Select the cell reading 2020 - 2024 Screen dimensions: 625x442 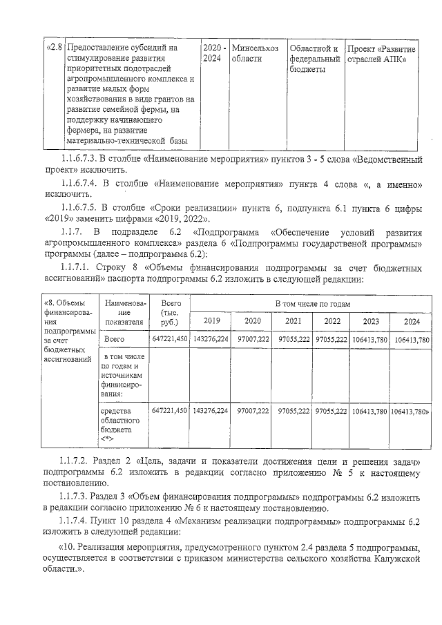[213, 53]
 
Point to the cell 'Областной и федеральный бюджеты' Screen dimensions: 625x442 [314, 59]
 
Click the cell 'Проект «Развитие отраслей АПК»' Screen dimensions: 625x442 [381, 53]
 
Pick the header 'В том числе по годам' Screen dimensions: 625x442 [313, 304]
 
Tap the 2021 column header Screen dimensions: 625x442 [293, 321]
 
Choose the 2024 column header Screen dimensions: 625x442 [412, 321]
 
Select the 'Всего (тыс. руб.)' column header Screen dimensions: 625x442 [170, 312]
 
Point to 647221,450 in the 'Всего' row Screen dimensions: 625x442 [170, 340]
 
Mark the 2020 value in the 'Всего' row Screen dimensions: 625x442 [252, 340]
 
